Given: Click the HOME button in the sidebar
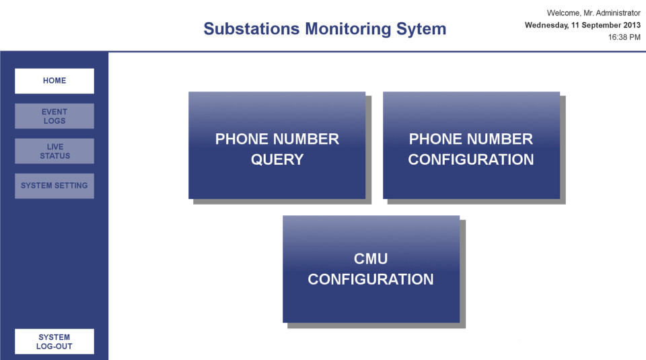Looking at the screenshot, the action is point(55,81).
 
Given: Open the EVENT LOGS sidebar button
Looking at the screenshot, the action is point(55,116).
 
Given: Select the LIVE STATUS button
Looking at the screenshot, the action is point(55,151).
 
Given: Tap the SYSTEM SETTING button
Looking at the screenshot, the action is point(55,186).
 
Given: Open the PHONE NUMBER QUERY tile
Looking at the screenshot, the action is point(277,145).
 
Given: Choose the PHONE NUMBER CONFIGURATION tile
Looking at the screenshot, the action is point(471,145).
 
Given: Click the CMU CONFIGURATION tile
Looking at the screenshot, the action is point(371,269).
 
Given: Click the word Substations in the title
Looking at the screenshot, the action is point(252,29).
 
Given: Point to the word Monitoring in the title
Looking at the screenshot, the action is point(348,29).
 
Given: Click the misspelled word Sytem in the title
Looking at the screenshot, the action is point(421,30).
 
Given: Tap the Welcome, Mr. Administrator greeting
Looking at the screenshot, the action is point(594,13).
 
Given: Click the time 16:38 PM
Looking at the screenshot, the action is point(624,37).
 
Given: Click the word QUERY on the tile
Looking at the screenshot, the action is point(277,159).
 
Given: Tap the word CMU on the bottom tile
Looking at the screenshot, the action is point(371,258).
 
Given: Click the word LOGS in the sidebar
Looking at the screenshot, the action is point(55,120).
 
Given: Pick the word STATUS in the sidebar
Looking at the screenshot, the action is point(55,155).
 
